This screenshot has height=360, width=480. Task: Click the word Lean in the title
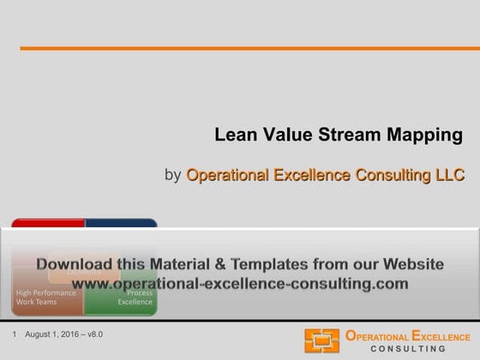click(232, 135)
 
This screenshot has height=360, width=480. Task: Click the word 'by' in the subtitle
click(172, 176)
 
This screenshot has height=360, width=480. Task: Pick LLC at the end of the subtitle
click(447, 176)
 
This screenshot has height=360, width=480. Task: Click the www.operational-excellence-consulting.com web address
click(240, 282)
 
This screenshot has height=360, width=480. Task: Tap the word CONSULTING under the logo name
click(407, 349)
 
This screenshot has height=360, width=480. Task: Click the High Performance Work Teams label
click(46, 297)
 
